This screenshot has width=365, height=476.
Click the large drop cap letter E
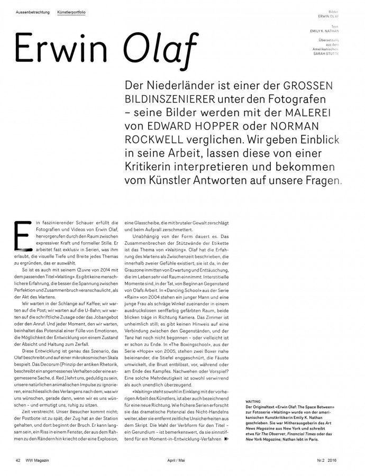pyautogui.click(x=21, y=233)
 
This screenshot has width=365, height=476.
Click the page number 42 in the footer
pyautogui.click(x=18, y=460)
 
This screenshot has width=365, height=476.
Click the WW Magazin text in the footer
pyautogui.click(x=39, y=460)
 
